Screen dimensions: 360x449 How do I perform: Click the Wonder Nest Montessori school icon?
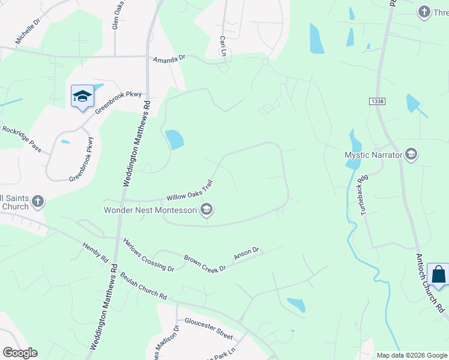(206, 209)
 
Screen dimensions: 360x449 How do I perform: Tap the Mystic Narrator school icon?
(411, 154)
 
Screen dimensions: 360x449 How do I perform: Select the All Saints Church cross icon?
(38, 202)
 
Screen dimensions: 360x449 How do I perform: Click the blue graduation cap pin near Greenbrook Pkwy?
(82, 97)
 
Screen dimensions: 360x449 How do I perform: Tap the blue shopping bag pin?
(439, 275)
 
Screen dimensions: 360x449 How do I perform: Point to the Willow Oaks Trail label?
(190, 192)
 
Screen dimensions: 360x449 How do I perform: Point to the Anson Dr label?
(246, 253)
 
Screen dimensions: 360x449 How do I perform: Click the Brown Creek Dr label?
(205, 262)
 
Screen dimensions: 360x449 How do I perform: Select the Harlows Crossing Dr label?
(148, 255)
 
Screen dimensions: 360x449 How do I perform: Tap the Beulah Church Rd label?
(143, 285)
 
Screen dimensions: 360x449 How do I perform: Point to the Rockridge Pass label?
(22, 139)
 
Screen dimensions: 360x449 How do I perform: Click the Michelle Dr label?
(28, 31)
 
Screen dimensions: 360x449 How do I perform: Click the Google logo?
(20, 352)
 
